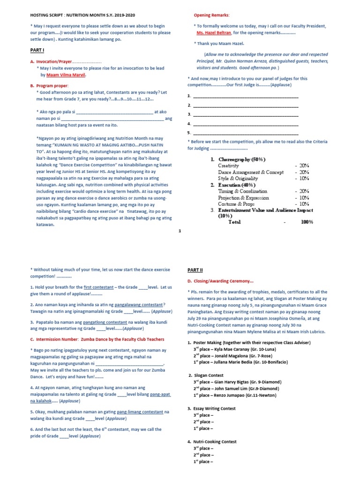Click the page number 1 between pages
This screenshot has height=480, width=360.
(180, 231)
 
